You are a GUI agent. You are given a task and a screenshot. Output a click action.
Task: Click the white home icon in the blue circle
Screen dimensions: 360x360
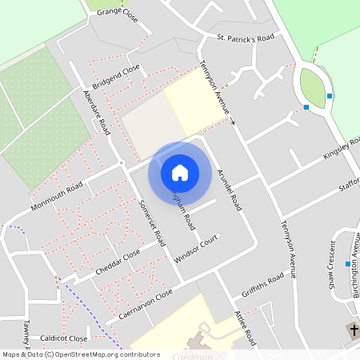(x=180, y=172)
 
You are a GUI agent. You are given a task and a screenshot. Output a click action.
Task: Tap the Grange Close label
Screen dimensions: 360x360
(x=118, y=13)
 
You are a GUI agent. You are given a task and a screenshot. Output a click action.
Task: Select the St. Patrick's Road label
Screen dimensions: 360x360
(x=246, y=38)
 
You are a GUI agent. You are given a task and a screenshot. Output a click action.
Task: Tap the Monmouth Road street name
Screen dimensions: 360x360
(x=57, y=196)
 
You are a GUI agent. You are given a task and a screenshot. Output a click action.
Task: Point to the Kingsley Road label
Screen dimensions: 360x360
(x=340, y=148)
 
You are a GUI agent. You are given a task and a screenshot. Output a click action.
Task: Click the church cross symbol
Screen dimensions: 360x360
(x=352, y=330)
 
